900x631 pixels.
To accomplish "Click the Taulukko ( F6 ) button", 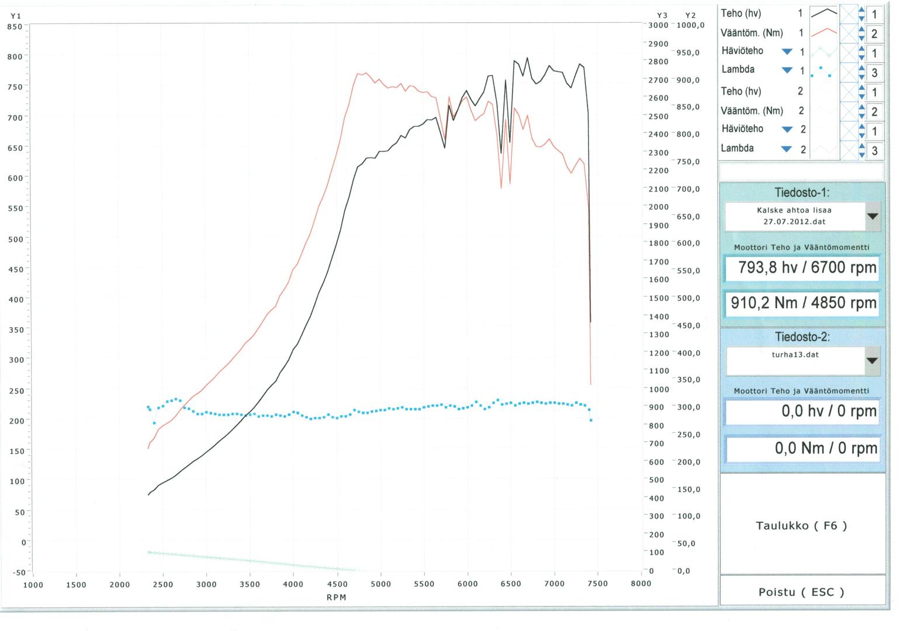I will (x=802, y=525).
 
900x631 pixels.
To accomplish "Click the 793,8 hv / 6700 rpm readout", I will (x=802, y=268).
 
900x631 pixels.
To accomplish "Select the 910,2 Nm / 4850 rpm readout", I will (x=802, y=303).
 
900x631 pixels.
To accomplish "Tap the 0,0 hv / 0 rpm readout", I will (x=802, y=411).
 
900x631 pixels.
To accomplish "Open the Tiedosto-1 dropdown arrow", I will (x=872, y=216).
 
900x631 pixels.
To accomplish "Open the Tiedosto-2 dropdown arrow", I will (x=872, y=360).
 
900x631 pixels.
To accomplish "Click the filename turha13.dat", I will (x=795, y=355).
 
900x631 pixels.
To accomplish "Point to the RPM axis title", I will (x=337, y=597).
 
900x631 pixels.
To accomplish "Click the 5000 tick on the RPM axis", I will (x=380, y=584).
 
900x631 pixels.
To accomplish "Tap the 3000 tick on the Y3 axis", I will (x=658, y=25).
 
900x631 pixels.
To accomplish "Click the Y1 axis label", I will (x=16, y=16).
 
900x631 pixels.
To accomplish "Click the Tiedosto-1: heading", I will (x=802, y=192).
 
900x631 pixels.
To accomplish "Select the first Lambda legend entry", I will (x=738, y=70).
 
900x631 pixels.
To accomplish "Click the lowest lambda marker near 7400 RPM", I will (x=591, y=420).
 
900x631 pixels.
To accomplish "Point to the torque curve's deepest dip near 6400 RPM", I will (x=501, y=187).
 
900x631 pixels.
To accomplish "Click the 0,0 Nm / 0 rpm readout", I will (x=802, y=448).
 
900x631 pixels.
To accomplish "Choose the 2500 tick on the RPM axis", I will (x=163, y=584).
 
